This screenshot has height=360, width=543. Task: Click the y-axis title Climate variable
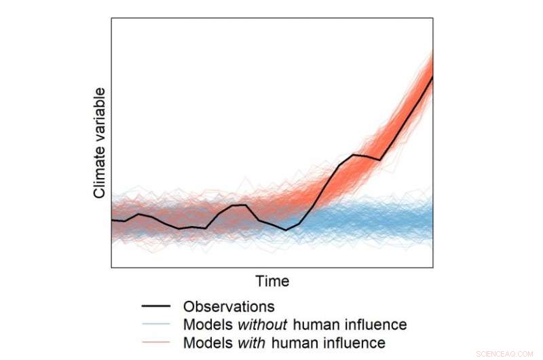tap(100, 143)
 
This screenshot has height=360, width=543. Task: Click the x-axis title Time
tap(272, 281)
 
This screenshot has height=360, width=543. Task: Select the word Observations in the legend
tap(229, 306)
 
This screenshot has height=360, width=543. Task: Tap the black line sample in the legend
tap(155, 306)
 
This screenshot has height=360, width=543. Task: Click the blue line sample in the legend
tap(155, 324)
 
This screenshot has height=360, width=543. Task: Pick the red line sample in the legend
tap(155, 342)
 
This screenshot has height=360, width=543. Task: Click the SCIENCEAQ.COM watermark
tap(506, 353)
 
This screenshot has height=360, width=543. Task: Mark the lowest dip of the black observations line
tap(286, 230)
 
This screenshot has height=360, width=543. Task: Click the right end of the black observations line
tap(432, 77)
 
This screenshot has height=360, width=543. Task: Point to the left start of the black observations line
tap(112, 220)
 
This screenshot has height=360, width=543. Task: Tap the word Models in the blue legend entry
tap(204, 324)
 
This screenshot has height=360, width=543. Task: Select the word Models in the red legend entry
tap(204, 342)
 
